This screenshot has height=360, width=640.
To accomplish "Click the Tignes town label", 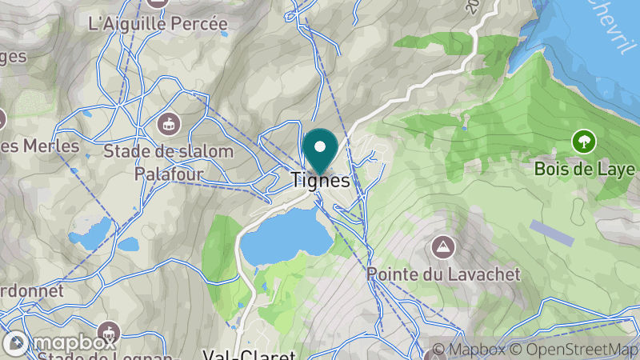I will pyautogui.click(x=319, y=182).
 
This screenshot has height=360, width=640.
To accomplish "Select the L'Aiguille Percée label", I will pyautogui.click(x=158, y=24).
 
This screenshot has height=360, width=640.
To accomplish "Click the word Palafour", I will pyautogui.click(x=169, y=173).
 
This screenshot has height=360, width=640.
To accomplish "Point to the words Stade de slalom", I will pyautogui.click(x=169, y=150).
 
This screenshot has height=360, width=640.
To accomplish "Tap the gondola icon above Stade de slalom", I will pyautogui.click(x=169, y=124).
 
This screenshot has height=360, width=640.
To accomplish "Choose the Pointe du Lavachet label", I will pyautogui.click(x=443, y=274).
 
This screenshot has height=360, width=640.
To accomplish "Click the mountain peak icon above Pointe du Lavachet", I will pyautogui.click(x=441, y=245).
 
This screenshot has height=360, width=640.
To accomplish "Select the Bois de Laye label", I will pyautogui.click(x=585, y=170).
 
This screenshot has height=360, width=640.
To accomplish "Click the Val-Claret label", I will pyautogui.click(x=249, y=354).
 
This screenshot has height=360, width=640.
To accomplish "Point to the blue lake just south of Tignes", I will pyautogui.click(x=285, y=237).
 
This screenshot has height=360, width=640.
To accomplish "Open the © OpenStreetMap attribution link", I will pyautogui.click(x=577, y=350).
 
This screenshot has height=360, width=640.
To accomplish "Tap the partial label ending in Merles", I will pyautogui.click(x=40, y=146).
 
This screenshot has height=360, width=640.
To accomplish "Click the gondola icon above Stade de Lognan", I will pyautogui.click(x=109, y=330).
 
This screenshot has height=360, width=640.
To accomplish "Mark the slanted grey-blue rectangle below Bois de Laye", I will pyautogui.click(x=552, y=233).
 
